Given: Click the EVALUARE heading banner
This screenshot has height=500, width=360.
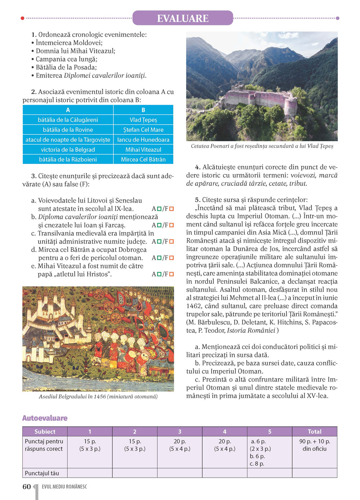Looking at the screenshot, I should [183, 18].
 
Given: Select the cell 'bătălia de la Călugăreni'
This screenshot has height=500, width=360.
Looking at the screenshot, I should [68, 120].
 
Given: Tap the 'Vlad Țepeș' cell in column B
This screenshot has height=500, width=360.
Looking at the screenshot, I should [143, 120].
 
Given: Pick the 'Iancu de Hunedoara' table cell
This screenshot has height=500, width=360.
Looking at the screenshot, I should [143, 140].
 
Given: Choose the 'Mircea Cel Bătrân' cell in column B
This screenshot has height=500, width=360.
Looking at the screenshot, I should [143, 159].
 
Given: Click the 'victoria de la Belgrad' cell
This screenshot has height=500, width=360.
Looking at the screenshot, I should [68, 150].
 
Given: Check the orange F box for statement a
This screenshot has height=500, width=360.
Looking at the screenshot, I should [172, 209].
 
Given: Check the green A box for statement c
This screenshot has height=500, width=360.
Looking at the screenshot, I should [159, 242].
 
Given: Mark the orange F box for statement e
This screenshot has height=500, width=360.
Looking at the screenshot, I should [172, 274].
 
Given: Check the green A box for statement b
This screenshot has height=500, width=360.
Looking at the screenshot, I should [159, 225].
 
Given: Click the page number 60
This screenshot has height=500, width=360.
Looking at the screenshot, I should [27, 487].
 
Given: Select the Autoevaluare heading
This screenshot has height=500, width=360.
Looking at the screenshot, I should [45, 418].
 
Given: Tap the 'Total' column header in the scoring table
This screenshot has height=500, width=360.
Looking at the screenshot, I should [314, 431].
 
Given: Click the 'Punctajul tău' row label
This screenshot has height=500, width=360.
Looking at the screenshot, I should [42, 473].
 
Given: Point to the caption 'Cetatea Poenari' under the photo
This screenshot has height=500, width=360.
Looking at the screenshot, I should [262, 146].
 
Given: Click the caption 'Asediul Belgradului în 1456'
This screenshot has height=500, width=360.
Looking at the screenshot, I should [98, 396].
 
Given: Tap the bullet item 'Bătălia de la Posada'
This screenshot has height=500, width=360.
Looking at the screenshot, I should [66, 67].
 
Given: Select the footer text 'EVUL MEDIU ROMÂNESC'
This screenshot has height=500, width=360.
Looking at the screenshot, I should [64, 487].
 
